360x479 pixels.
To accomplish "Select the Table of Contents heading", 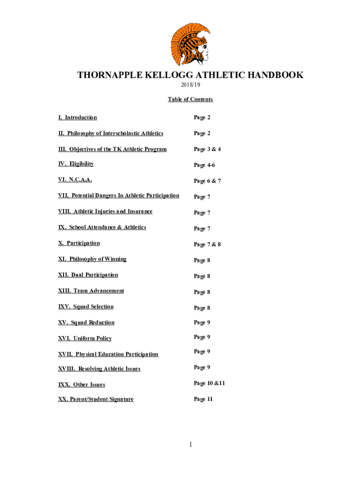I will tap(190, 99).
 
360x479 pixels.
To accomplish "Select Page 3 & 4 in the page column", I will tap(207, 149).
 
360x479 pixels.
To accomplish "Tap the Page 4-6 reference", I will tap(204, 165).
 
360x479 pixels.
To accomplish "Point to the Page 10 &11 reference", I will tap(209, 383).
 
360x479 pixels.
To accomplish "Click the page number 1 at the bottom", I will tap(191, 444).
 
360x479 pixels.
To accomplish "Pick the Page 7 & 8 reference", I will tap(207, 245).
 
